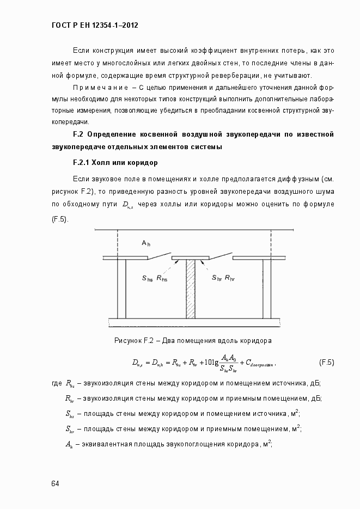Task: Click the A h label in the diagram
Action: coord(146,243)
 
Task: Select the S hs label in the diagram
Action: coord(148,278)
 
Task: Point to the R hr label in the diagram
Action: coord(230,278)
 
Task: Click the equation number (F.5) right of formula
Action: coord(326,362)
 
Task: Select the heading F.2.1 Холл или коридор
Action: coord(115,162)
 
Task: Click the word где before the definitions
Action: coord(56,383)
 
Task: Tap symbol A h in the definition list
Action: coord(69,444)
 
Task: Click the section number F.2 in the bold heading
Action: coord(77,134)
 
